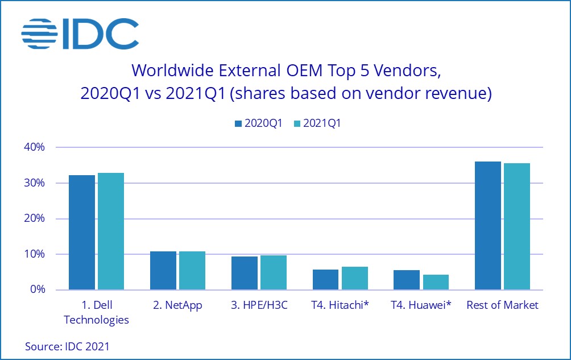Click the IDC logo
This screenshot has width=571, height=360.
(80, 34)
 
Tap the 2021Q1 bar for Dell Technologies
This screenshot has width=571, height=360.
(110, 231)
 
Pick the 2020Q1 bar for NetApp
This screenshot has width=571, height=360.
(163, 270)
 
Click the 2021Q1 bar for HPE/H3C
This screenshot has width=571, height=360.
(274, 272)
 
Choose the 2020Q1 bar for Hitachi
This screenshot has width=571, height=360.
(326, 279)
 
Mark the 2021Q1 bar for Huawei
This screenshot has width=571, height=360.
(436, 282)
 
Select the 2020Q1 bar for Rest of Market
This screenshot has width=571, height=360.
(488, 226)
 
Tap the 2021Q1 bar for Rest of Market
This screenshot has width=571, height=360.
(517, 226)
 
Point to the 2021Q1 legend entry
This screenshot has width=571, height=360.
(316, 123)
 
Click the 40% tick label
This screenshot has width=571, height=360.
(34, 147)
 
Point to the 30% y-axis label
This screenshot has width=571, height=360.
(34, 183)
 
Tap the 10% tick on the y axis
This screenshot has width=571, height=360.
(34, 254)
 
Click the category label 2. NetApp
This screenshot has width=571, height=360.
(177, 305)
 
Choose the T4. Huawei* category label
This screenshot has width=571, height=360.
(421, 305)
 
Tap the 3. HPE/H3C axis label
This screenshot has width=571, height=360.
(259, 305)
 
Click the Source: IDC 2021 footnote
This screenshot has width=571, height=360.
(67, 346)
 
